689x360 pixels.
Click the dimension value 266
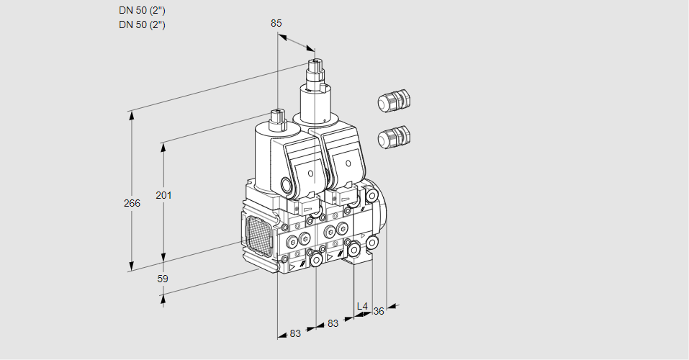[x=132, y=203]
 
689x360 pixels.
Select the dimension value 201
[x=164, y=196]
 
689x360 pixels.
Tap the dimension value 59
[x=163, y=279]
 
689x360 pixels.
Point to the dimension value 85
[x=276, y=23]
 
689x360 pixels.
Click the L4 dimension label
[x=362, y=307]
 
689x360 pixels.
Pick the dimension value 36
[x=379, y=311]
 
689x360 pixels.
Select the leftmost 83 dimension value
[x=295, y=333]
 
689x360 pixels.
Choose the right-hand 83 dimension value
[x=333, y=323]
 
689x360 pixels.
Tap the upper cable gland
[x=393, y=101]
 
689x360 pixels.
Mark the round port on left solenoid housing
[x=289, y=186]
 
